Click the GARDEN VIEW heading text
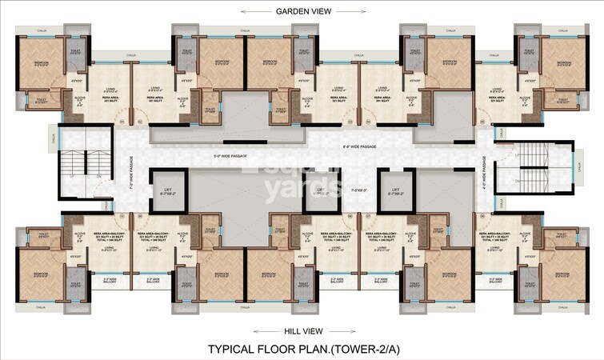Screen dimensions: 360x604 302,10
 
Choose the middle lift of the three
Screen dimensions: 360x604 321,190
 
